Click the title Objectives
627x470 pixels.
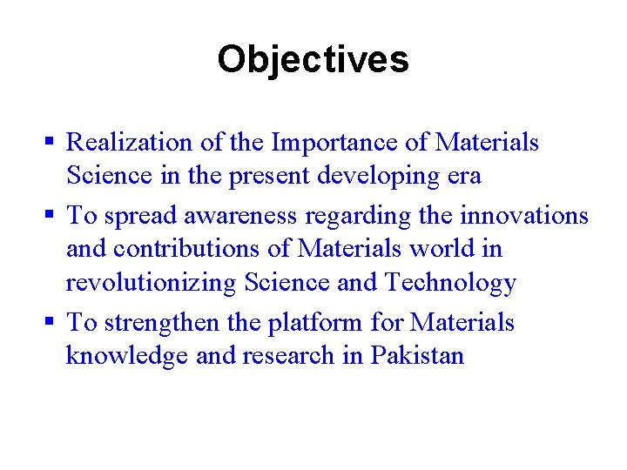point(313,60)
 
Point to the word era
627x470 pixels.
point(464,177)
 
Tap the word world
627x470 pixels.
point(445,249)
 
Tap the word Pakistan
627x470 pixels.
point(417,356)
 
